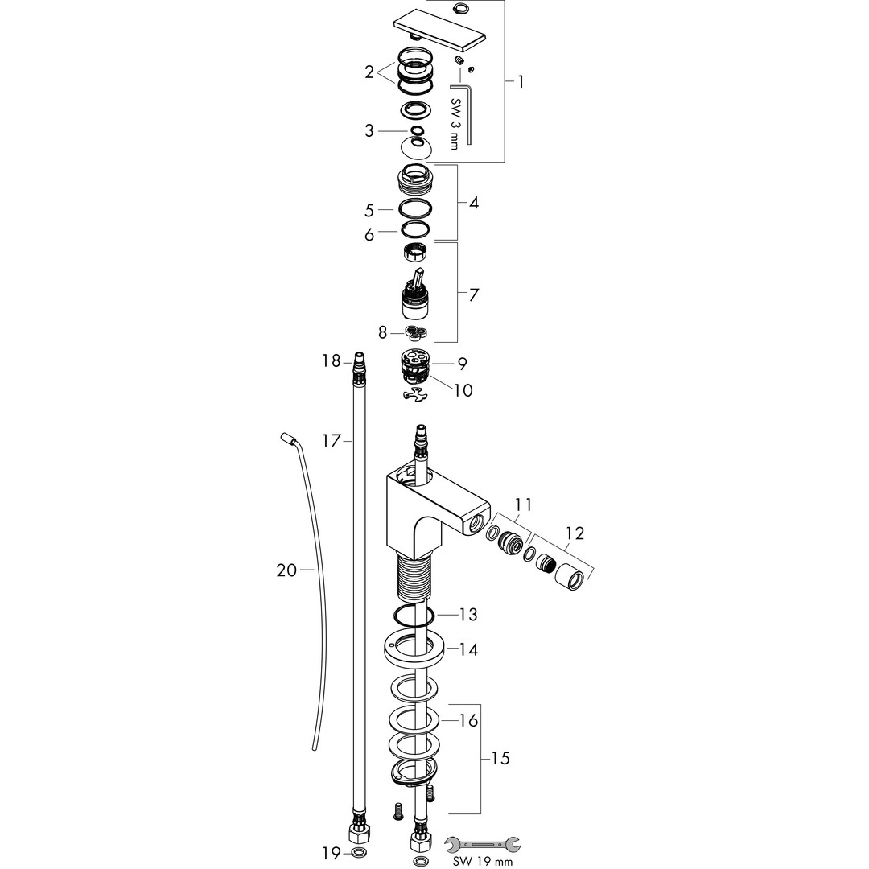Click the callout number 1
521,82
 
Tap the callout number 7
473,294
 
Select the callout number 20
287,570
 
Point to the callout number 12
575,533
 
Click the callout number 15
500,758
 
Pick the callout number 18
332,361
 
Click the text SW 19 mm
484,861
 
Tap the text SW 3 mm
455,124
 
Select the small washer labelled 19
358,852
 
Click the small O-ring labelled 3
417,131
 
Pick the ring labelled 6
416,229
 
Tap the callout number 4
473,203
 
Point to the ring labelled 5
415,209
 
